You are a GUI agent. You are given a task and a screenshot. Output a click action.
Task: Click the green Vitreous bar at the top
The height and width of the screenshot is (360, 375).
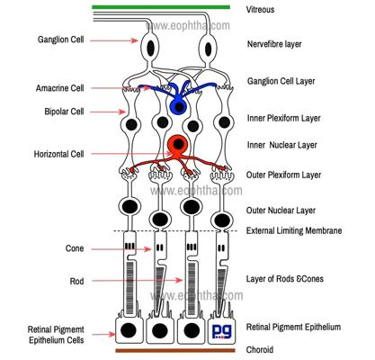161,7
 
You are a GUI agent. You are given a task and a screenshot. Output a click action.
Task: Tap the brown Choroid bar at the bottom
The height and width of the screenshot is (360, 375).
175,350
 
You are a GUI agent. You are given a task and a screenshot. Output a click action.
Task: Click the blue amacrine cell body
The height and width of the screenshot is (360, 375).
179,106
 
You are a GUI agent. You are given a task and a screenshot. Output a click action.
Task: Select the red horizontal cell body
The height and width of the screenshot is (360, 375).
178,144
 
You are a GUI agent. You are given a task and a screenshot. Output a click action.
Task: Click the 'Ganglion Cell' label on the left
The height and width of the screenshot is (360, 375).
60,40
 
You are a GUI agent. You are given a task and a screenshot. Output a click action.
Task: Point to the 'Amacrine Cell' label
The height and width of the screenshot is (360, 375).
60,88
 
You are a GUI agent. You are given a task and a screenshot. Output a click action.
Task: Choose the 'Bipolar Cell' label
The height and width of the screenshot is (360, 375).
64,112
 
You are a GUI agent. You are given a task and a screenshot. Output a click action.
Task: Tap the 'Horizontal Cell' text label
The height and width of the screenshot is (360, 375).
58,154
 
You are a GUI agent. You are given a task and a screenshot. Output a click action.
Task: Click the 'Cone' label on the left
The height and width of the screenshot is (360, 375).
75,248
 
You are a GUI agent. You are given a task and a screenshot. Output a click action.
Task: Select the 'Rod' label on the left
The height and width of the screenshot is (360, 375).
76,281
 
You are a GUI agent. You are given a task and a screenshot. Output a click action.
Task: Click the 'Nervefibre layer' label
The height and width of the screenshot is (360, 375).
274,44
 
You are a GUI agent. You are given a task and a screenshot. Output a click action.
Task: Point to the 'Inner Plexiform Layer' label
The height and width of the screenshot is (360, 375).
283,118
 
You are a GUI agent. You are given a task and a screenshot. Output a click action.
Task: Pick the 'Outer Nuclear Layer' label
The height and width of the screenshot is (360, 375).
281,211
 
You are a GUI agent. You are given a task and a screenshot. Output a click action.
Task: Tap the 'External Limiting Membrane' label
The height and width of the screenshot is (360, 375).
294,230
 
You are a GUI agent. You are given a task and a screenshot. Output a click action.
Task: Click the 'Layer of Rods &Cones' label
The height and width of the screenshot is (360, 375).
285,279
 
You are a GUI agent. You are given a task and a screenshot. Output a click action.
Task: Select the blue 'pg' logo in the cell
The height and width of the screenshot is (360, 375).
221,331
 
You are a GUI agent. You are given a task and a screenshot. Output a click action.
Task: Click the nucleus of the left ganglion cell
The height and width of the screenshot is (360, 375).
150,48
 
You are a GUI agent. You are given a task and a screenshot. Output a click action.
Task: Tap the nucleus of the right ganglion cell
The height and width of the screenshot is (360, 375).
209,49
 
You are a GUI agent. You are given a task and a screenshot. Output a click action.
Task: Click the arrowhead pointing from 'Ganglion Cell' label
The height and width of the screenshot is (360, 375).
135,40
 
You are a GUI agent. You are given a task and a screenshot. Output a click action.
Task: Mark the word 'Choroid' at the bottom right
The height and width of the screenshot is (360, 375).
260,350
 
